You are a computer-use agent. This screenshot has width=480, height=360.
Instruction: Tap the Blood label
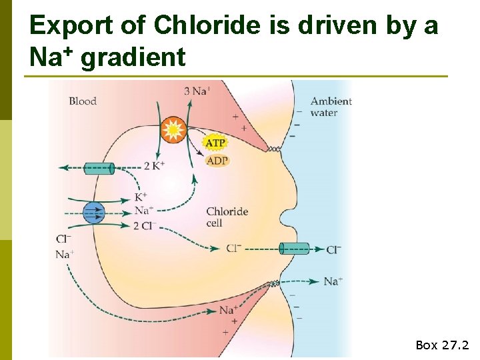[83, 101]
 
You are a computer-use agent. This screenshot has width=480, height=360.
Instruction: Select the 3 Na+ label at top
[197, 91]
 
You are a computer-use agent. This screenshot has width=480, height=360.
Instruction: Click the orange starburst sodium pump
[173, 129]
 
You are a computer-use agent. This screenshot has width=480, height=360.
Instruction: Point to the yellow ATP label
[215, 143]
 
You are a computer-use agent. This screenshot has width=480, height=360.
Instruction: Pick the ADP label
[217, 161]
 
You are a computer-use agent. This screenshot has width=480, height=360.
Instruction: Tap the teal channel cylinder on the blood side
[99, 168]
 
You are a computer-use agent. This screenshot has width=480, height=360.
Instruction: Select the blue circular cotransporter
[94, 213]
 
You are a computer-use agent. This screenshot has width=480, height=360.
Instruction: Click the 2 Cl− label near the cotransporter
[145, 225]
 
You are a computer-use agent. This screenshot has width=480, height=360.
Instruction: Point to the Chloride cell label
[227, 217]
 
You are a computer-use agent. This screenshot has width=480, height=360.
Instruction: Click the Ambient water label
[331, 107]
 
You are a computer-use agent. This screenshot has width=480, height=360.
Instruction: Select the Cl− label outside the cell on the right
[333, 249]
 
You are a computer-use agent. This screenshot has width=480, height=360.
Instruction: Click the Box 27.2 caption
[442, 345]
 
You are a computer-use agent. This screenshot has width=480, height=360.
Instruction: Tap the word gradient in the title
[133, 58]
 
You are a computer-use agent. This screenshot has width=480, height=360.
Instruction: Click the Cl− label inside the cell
[233, 249]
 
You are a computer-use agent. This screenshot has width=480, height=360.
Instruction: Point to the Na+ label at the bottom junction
[228, 309]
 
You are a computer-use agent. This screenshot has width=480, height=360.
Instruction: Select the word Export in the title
[71, 26]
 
